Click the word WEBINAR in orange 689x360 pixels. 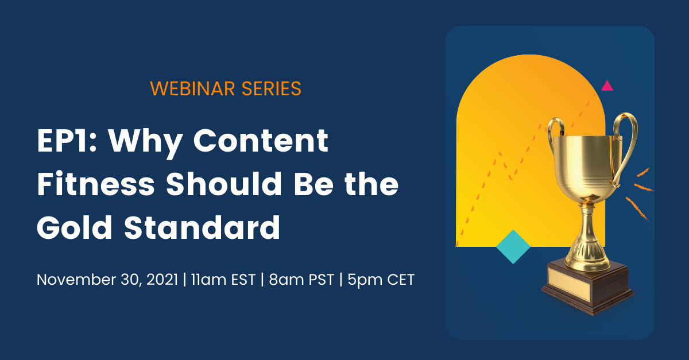pyautogui.click(x=192, y=88)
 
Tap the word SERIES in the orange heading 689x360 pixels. pyautogui.click(x=271, y=88)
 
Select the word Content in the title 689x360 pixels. pyautogui.click(x=261, y=140)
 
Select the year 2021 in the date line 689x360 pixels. pyautogui.click(x=162, y=280)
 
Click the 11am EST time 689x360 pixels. pyautogui.click(x=223, y=280)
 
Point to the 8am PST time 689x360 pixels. pyautogui.click(x=301, y=280)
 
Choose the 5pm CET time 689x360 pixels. pyautogui.click(x=381, y=280)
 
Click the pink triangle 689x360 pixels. pyautogui.click(x=607, y=87)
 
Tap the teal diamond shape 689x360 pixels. pyautogui.click(x=513, y=246)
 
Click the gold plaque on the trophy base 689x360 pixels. pyautogui.click(x=569, y=283)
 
